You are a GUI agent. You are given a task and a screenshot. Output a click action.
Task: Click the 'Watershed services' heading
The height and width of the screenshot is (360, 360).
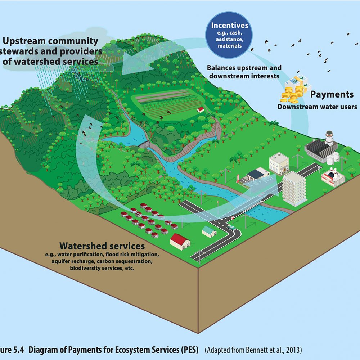tap(102, 246)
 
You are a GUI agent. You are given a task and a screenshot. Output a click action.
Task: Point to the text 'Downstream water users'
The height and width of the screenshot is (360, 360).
tap(317, 107)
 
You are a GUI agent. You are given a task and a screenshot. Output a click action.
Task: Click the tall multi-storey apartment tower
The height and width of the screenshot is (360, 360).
tap(294, 188)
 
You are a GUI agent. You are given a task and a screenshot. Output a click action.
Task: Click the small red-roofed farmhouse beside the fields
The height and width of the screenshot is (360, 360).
tap(201, 109)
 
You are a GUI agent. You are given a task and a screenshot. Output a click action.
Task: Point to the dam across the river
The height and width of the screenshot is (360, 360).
tap(144, 144)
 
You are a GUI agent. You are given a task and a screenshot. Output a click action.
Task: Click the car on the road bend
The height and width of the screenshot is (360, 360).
tap(232, 228)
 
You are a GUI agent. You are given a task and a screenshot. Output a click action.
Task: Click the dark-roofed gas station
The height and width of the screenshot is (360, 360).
tap(257, 174)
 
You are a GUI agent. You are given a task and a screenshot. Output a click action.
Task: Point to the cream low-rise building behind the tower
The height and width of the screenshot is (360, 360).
tap(279, 162)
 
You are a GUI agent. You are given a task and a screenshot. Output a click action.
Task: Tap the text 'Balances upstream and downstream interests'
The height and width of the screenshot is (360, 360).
tap(244, 72)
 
